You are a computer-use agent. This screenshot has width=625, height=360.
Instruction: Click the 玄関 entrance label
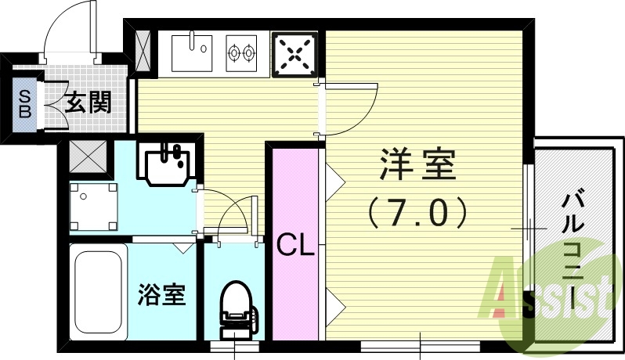87,102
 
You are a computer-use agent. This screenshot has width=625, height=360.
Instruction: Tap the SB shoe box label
24,102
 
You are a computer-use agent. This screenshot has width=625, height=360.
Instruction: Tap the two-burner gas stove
242,52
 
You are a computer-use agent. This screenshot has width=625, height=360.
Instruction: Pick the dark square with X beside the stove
294,54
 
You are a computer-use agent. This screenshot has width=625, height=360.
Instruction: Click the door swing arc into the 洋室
352,106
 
